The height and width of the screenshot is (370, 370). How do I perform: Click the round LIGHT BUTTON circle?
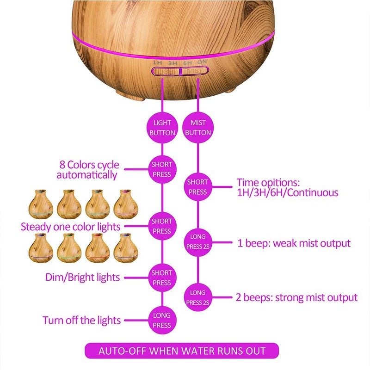[x=162, y=128]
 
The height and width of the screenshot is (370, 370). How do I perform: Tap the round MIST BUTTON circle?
[x=198, y=128]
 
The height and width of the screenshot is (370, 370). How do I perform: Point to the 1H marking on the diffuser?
[x=157, y=63]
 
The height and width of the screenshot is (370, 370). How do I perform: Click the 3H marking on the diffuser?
[x=173, y=63]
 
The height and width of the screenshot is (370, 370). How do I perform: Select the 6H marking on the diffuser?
[x=188, y=63]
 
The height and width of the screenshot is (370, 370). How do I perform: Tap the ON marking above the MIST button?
[x=202, y=62]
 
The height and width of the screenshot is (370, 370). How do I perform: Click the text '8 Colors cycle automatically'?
[x=88, y=170]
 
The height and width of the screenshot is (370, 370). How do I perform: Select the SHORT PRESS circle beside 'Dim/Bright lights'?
[x=162, y=278]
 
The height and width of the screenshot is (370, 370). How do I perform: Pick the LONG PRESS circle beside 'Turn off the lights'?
[x=162, y=320]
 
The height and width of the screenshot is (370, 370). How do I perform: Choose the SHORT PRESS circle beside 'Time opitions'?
[x=198, y=187]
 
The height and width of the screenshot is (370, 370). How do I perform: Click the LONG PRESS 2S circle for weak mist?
[x=198, y=242]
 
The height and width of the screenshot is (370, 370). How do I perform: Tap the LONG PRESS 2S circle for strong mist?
[x=198, y=297]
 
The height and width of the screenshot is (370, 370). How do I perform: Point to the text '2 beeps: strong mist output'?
[x=296, y=297]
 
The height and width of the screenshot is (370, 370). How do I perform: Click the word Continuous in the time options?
[x=313, y=192]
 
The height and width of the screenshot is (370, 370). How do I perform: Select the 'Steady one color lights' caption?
[x=71, y=227]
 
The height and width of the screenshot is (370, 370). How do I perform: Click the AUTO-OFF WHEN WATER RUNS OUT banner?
[x=182, y=351]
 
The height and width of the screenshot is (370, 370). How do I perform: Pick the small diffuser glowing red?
[x=98, y=248]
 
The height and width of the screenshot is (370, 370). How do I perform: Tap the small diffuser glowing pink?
[x=126, y=204]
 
